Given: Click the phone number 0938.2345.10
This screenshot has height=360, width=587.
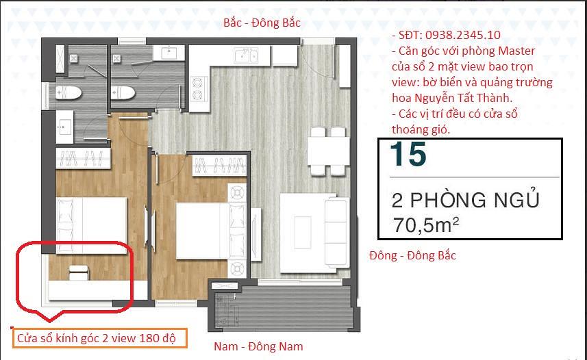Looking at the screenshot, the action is click(463, 35).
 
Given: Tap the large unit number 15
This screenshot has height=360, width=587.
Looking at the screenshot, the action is click(408, 154).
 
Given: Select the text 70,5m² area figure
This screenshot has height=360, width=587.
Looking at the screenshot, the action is click(425, 224).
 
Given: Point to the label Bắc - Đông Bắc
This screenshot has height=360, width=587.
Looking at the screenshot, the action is click(262, 23).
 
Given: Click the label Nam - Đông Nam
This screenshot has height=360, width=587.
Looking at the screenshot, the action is click(258, 346).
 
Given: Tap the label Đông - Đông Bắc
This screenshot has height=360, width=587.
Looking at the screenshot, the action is click(412, 255).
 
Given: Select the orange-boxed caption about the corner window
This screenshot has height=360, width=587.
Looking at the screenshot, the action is click(100, 338).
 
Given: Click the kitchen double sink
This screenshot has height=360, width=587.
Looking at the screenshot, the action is click(246, 56).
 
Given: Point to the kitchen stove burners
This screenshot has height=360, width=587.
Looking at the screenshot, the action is click(198, 89).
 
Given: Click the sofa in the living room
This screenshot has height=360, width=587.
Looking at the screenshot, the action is click(336, 231).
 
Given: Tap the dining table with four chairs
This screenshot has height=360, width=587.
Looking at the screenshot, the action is click(328, 151).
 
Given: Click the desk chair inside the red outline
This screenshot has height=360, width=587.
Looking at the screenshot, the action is click(79, 273).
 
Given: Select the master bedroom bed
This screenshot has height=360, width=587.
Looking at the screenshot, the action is click(91, 225).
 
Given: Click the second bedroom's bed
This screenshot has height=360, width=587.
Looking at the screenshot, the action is click(203, 231).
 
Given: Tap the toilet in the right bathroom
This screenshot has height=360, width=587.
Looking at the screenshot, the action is click(123, 93).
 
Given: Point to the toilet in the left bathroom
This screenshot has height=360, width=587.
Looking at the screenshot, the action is click(68, 92).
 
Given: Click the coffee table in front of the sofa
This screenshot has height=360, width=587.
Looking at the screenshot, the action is click(303, 233).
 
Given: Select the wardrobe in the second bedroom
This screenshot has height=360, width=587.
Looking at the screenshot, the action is click(219, 166).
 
